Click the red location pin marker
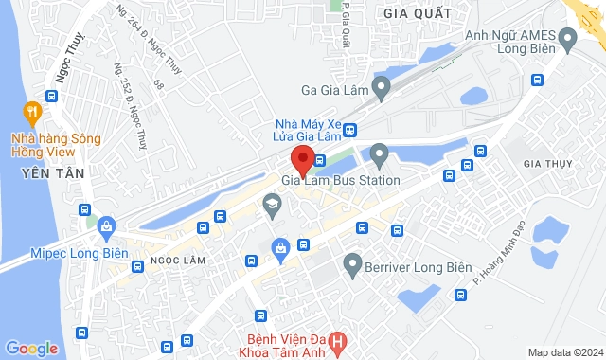[302, 158]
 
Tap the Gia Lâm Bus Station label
[340, 180]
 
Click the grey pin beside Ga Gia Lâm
[381, 90]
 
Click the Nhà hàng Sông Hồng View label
[55, 146]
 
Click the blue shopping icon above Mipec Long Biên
[105, 225]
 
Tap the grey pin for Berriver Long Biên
[352, 262]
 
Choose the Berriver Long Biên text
[418, 267]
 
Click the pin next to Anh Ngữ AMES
[568, 40]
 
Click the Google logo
[30, 349]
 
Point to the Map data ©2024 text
[563, 352]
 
